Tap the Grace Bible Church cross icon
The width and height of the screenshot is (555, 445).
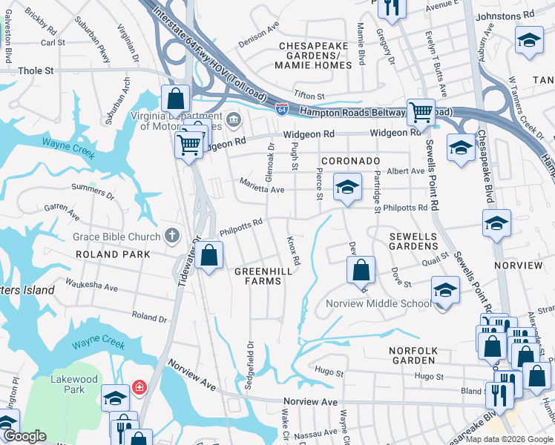coord(171,237)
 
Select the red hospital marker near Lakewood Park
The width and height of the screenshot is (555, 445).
coord(138,386)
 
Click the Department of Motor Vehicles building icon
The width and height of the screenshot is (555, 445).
coord(233,119)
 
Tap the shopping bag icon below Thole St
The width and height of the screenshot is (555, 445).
coord(176,98)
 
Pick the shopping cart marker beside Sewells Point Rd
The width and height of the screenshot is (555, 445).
coord(421,113)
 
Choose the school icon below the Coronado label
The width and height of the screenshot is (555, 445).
coord(347,188)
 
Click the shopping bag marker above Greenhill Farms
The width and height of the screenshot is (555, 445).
coord(211,256)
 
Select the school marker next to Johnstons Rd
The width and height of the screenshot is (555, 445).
coord(528,40)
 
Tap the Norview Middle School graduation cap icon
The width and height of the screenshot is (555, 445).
coord(445,289)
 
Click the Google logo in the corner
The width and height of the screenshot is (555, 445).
coord(24,437)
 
